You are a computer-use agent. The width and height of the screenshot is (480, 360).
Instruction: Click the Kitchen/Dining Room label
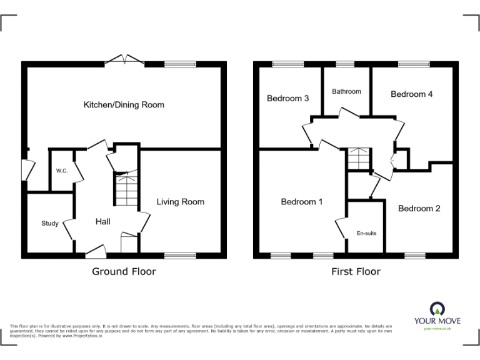click(124, 104)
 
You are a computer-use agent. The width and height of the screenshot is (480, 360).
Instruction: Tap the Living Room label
click(180, 201)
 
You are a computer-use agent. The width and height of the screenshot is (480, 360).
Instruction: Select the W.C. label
click(61, 171)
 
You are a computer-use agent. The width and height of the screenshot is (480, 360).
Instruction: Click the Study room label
click(49, 223)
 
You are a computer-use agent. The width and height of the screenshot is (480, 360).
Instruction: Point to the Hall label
click(103, 221)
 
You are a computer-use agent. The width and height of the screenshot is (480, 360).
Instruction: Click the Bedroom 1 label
click(302, 201)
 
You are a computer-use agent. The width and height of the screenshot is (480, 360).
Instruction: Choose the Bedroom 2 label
click(419, 208)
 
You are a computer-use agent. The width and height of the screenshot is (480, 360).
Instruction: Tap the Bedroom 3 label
click(288, 98)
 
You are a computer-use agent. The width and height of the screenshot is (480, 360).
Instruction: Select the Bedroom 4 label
click(411, 94)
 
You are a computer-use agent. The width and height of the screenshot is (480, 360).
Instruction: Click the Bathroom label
click(346, 91)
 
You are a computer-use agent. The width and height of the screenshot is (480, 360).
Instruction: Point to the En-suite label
click(366, 233)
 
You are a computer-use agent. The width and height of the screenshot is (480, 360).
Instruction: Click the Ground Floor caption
click(124, 271)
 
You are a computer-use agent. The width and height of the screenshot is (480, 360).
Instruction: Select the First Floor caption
click(356, 271)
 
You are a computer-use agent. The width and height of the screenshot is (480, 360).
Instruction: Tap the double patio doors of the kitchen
click(124, 60)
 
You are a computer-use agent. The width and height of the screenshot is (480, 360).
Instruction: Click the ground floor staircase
click(126, 189)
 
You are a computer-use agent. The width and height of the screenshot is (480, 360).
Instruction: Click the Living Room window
click(180, 255)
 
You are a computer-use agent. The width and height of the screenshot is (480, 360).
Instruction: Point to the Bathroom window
click(344, 64)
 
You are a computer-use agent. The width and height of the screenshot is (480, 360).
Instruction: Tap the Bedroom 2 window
click(414, 255)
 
